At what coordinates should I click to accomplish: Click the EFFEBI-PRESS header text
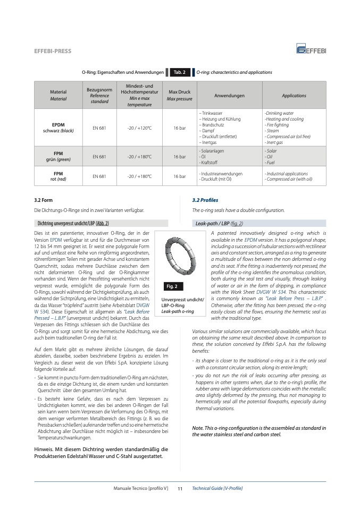click(x=53, y=51)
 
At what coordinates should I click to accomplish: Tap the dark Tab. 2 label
click(x=180, y=72)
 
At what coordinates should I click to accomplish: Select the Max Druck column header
click(x=179, y=96)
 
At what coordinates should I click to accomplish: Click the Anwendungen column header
click(x=229, y=96)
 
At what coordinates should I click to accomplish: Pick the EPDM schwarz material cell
click(x=58, y=128)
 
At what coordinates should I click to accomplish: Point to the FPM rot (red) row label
click(x=58, y=176)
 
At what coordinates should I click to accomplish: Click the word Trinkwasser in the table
click(x=212, y=113)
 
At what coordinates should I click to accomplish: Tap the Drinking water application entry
click(x=279, y=113)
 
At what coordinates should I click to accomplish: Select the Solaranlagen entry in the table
click(x=212, y=151)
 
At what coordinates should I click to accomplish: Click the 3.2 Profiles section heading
click(x=205, y=200)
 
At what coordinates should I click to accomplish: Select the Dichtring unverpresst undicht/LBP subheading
click(x=74, y=223)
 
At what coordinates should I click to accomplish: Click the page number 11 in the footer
click(x=180, y=488)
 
